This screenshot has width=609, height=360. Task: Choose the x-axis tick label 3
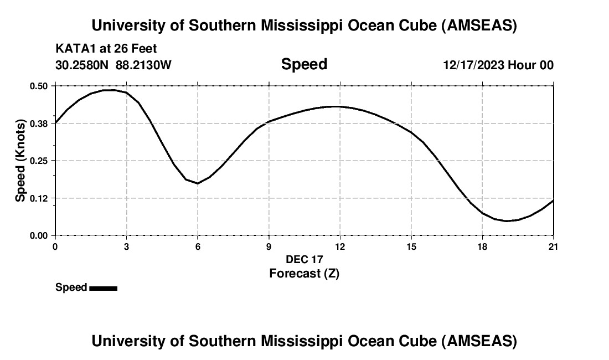tap(126, 246)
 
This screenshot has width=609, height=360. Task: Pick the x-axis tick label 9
tap(269, 246)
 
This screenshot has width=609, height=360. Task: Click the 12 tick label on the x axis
tap(340, 246)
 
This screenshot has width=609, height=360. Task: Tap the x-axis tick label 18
tap(482, 246)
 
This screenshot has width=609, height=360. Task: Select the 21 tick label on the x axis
tap(553, 246)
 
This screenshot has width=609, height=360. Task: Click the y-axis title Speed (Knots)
tap(20, 161)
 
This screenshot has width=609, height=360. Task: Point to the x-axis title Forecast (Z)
tap(304, 273)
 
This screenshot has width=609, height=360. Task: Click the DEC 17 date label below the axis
tap(304, 259)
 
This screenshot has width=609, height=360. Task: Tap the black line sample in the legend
tap(103, 288)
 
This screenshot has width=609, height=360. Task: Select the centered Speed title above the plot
tap(304, 64)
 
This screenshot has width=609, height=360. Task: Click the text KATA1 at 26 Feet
tap(106, 49)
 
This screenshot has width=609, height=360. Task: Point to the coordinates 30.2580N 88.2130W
tap(113, 65)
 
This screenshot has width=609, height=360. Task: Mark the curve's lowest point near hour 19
tap(506, 221)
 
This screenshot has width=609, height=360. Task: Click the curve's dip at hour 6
tap(198, 183)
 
